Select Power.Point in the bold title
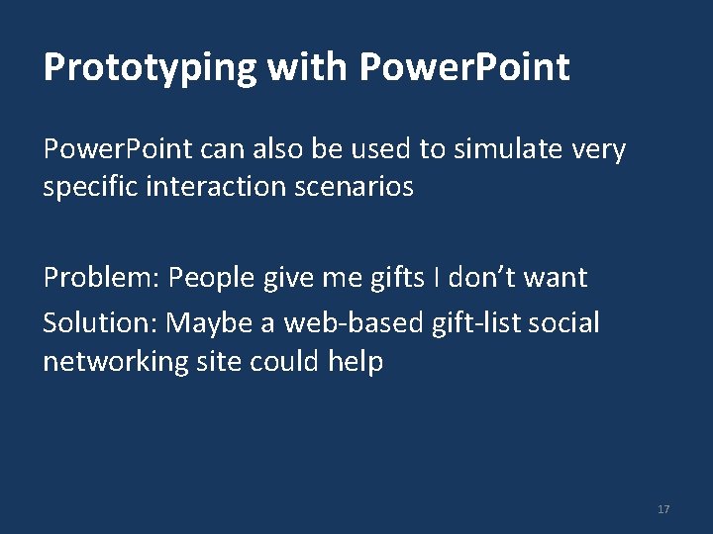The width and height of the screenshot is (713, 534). click(464, 67)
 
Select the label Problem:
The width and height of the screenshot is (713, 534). click(101, 278)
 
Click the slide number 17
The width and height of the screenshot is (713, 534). click(662, 509)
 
